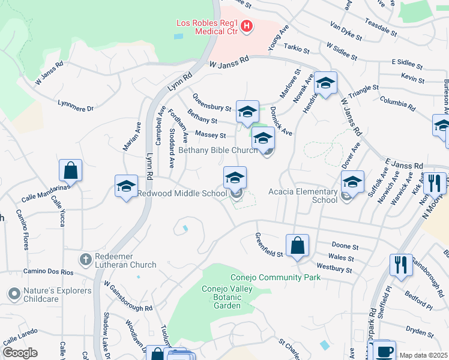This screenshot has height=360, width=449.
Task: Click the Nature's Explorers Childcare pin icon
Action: pos(13,294)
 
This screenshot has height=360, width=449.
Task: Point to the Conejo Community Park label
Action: pos(276,277)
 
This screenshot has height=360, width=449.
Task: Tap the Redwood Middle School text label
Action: pos(182,193)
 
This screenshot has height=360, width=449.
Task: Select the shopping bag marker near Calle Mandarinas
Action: pos(70,170)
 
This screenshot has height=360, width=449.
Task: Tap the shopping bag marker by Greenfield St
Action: pos(297,245)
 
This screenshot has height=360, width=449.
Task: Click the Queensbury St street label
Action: pos(212,103)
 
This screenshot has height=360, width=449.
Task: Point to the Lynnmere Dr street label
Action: pos(76,106)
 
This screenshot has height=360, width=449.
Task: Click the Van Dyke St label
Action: pos(346,31)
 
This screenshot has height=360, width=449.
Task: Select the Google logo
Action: pos(20,353)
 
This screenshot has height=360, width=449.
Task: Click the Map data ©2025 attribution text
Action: pos(423,355)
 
